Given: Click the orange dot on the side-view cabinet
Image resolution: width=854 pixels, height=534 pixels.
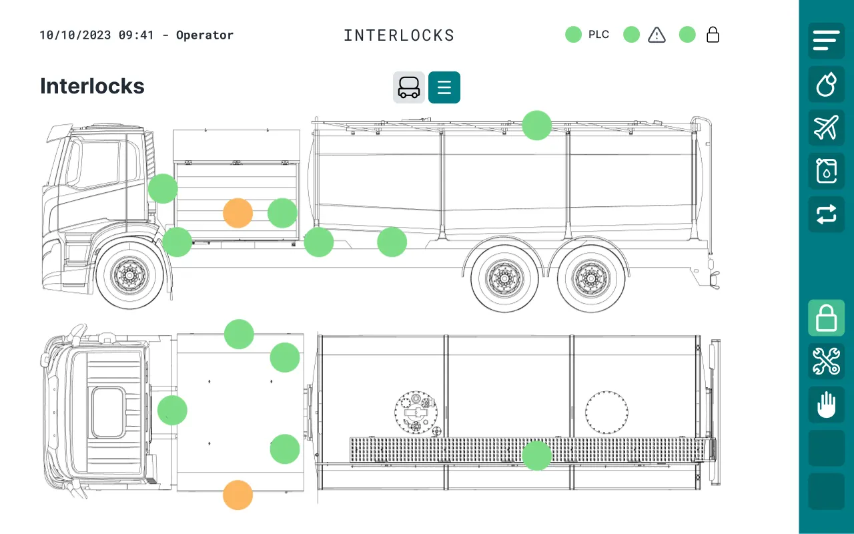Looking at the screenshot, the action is click(x=238, y=213).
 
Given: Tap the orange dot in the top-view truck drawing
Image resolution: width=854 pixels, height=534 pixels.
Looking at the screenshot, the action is click(x=238, y=495).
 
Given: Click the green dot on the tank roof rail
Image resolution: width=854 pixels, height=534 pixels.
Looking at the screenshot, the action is click(x=537, y=125).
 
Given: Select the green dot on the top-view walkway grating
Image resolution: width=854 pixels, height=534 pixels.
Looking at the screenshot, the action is click(x=537, y=455).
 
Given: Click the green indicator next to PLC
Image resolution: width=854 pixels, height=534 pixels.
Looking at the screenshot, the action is click(x=573, y=35).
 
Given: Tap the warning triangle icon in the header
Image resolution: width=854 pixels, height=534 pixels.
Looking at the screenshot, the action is click(x=657, y=35).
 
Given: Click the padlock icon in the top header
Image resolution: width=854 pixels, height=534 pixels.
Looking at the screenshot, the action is click(x=713, y=35).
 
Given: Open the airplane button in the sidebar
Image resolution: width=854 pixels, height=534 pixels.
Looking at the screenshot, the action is click(x=826, y=127).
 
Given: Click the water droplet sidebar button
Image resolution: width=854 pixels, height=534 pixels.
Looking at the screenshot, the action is click(x=826, y=84).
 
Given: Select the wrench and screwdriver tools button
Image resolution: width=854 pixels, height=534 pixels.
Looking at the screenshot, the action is click(x=826, y=361).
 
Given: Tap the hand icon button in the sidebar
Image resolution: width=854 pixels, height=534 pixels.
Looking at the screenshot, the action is click(x=826, y=405).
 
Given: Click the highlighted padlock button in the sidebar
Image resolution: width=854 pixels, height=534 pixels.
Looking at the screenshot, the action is click(x=826, y=318).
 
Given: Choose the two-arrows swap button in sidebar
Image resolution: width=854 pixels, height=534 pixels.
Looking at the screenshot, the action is click(x=826, y=214).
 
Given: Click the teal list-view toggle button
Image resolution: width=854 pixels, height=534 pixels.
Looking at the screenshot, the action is click(x=444, y=87).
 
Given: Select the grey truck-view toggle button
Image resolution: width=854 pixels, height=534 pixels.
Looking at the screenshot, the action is click(x=409, y=87).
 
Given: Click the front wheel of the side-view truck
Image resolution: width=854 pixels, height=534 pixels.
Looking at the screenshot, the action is click(x=129, y=275).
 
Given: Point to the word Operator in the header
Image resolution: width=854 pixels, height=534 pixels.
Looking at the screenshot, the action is click(x=205, y=35).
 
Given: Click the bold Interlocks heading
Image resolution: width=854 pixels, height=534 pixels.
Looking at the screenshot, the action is click(x=92, y=86).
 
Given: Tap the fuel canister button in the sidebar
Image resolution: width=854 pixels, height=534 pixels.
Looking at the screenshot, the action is click(x=826, y=171).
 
